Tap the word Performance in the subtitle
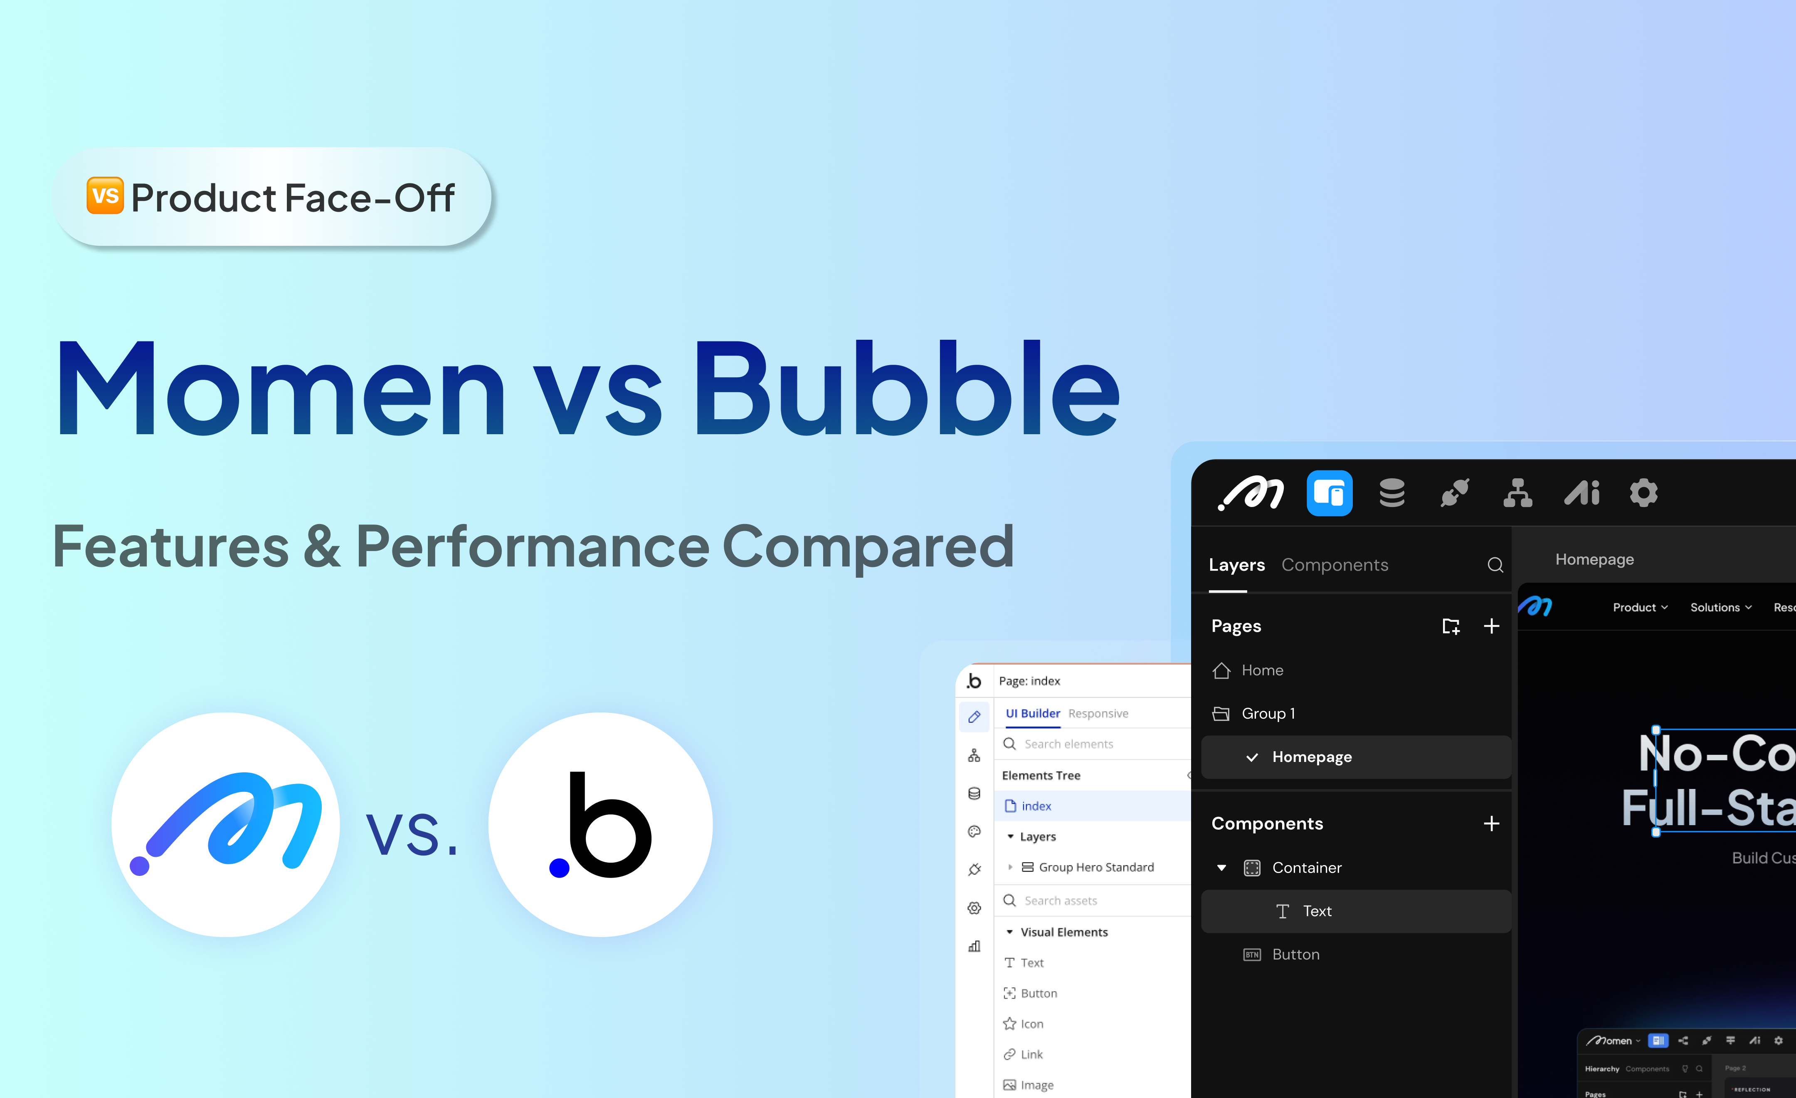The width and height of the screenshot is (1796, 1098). pyautogui.click(x=532, y=547)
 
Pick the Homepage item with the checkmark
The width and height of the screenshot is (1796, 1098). pyautogui.click(x=1311, y=757)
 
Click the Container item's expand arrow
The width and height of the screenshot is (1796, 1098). pyautogui.click(x=1221, y=868)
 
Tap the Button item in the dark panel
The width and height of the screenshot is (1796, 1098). pyautogui.click(x=1295, y=955)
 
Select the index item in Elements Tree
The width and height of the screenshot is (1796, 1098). pyautogui.click(x=1036, y=806)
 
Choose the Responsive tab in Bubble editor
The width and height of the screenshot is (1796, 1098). pyautogui.click(x=1098, y=713)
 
